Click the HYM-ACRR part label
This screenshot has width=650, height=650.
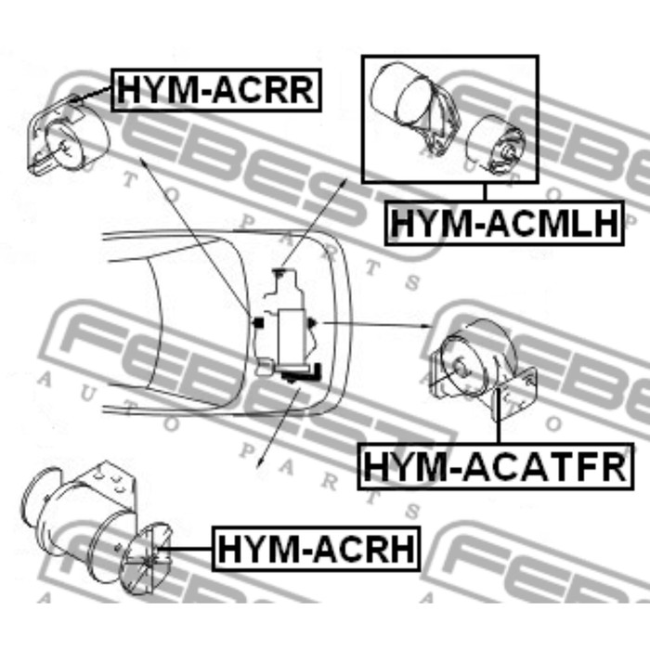coord(216,90)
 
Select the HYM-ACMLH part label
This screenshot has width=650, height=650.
coord(504,223)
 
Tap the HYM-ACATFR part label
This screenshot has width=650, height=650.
coord(496,466)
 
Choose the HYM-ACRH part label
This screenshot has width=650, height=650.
coord(316,549)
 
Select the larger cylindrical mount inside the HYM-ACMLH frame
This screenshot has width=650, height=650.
coord(414,109)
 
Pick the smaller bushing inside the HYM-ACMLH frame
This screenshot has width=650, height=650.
coord(496,144)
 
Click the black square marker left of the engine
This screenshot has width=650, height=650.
coord(259,321)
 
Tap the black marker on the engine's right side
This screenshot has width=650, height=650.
coord(312,323)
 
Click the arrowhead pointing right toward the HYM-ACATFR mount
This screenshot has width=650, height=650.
coord(428,326)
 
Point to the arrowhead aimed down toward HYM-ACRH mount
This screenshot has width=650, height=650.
coord(259,463)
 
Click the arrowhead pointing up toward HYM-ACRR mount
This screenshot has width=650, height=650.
coord(143,162)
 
